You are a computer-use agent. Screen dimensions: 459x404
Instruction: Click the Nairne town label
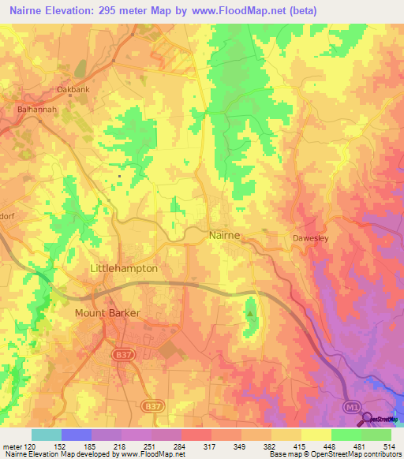225,235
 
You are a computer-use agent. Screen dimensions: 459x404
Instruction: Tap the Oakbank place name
73,89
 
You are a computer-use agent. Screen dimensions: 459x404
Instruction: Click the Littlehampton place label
124,268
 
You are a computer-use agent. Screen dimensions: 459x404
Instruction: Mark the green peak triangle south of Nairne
250,314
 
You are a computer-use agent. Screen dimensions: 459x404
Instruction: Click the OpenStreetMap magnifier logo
368,417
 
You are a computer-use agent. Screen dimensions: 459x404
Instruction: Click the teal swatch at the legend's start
47,435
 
